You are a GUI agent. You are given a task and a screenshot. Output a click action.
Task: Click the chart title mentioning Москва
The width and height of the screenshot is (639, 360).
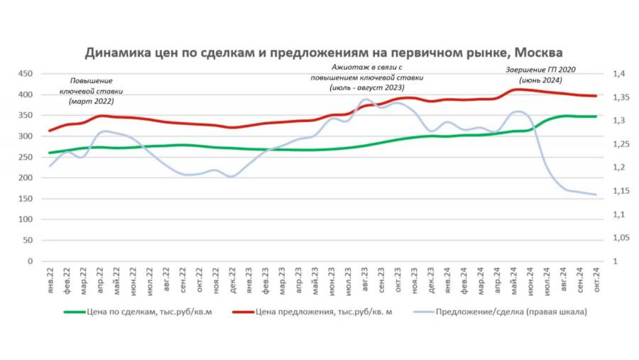(x=323, y=54)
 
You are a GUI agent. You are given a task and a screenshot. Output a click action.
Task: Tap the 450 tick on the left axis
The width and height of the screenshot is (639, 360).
(x=25, y=74)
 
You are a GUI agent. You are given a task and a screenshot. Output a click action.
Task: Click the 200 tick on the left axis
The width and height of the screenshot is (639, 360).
(x=25, y=178)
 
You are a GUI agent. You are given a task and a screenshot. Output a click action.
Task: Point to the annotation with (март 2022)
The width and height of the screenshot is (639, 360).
(x=92, y=92)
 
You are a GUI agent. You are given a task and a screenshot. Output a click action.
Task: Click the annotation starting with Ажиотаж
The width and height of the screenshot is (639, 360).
(x=367, y=77)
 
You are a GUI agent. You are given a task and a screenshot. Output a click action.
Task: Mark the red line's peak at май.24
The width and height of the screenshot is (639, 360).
(x=518, y=89)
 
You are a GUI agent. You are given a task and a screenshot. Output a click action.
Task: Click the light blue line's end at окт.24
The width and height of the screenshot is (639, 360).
(x=596, y=195)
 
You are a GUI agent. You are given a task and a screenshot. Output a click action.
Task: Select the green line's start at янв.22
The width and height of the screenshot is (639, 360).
(x=50, y=153)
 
